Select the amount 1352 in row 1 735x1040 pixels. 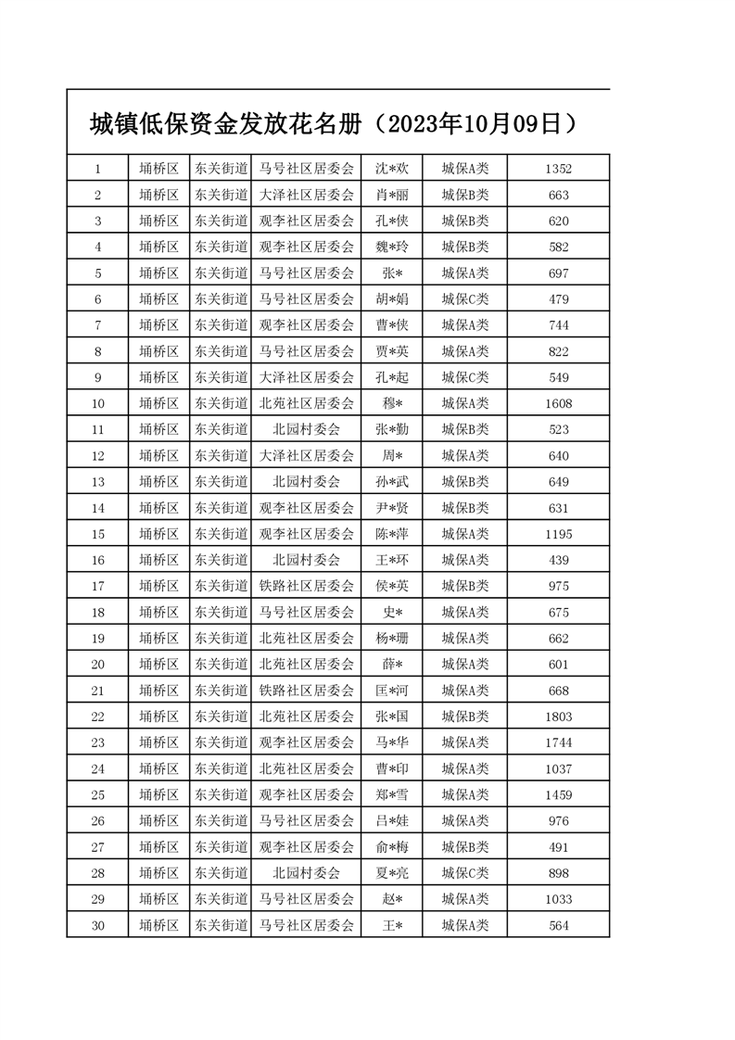pos(558,169)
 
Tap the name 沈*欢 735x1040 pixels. pos(391,169)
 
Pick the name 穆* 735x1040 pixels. pos(391,403)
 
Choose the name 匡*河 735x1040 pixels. pos(391,691)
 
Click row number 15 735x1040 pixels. pos(97,534)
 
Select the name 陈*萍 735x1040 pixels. pos(391,534)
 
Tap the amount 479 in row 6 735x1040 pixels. pos(558,299)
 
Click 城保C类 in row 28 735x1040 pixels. pos(464,873)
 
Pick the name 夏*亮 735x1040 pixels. pos(391,873)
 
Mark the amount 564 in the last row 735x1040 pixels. pos(558,925)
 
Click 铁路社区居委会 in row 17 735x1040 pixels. pos(306,586)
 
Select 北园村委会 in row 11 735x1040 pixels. pos(306,429)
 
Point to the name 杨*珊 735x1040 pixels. pos(391,639)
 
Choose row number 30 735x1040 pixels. pos(97,925)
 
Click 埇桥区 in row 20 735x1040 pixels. pos(158,665)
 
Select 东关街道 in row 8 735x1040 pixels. pos(221,351)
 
